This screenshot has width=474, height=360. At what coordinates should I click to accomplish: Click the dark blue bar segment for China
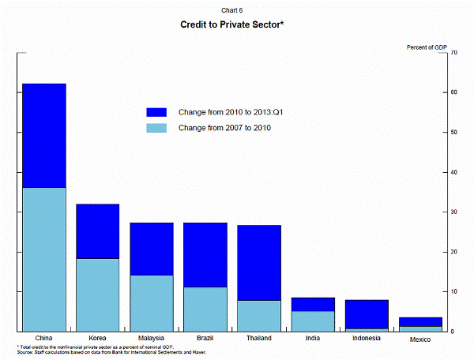[43, 135]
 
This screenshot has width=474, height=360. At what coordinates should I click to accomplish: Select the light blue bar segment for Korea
[97, 294]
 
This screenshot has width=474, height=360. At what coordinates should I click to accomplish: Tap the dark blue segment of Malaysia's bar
[151, 249]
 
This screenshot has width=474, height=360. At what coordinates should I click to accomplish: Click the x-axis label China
[43, 338]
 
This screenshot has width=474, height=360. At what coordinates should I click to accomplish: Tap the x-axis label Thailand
[258, 338]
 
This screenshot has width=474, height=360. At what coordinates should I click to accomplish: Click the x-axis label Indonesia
[366, 338]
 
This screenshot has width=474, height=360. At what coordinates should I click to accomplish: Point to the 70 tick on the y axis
[454, 53]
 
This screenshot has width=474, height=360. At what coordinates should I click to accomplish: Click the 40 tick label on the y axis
[454, 172]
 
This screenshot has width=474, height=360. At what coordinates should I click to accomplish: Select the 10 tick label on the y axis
[454, 291]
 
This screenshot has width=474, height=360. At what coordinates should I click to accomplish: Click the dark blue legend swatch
[156, 113]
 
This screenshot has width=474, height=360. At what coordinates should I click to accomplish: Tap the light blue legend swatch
[156, 128]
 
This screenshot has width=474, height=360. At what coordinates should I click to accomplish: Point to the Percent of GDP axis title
[427, 47]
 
